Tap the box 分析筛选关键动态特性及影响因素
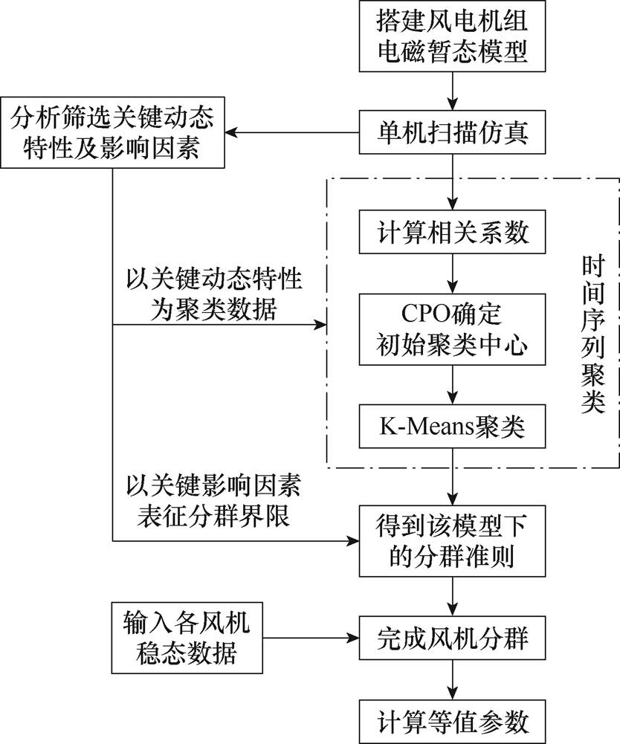tap(112, 133)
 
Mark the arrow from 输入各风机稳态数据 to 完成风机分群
tap(309, 638)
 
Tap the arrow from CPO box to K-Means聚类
tap(453, 385)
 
